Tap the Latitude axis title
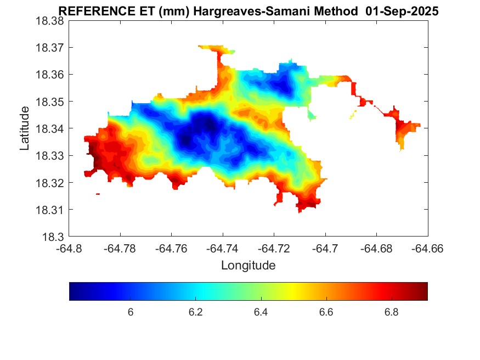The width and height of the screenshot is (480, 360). [25, 129]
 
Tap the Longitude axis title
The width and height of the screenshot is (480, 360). [248, 266]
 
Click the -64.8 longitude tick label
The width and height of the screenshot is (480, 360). [69, 249]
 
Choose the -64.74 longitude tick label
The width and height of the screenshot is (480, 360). [223, 249]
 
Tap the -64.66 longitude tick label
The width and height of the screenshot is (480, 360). [427, 249]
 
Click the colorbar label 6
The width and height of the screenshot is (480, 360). [131, 312]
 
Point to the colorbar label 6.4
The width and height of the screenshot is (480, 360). [261, 312]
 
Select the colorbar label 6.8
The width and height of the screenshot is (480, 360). [391, 312]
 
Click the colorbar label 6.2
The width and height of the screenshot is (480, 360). [196, 312]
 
